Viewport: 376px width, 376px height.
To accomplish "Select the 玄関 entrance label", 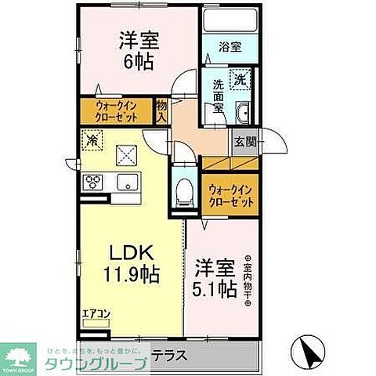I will pyautogui.click(x=242, y=142).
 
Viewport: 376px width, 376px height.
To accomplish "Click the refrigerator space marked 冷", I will pyautogui.click(x=92, y=142).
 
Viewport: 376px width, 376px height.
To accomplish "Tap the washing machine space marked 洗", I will pyautogui.click(x=243, y=79).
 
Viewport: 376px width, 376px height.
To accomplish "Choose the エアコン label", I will pyautogui.click(x=96, y=315).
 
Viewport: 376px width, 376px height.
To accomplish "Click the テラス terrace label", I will pyautogui.click(x=169, y=355).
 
